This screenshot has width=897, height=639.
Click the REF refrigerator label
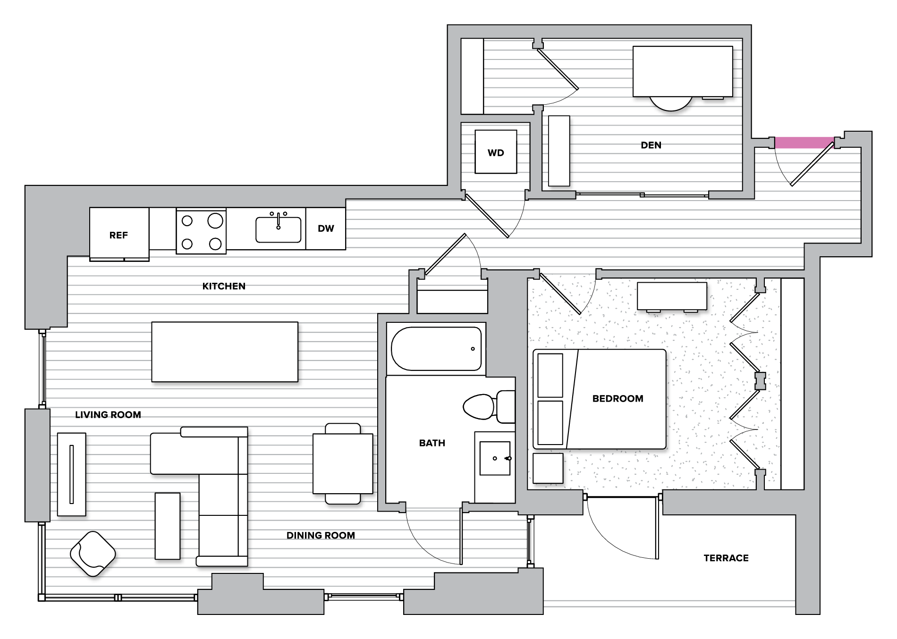118,235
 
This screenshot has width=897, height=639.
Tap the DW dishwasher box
326,228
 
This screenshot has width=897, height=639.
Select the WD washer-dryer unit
496,152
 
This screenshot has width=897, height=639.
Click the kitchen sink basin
278,230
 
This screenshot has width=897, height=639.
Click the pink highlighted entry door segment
804,142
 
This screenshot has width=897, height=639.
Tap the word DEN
651,145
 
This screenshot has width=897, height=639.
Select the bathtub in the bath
436,349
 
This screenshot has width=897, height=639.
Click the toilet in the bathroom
486,407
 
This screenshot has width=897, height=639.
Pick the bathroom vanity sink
494,458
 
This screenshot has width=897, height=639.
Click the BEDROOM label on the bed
618,399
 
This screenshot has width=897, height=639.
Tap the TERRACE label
726,558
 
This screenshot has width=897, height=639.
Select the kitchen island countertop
225,352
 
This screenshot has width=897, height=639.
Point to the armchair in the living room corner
93,553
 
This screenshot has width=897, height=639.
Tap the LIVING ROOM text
108,415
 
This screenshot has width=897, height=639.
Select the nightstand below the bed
548,468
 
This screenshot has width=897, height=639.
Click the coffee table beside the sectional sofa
168,526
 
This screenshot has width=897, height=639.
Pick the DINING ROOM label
321,536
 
